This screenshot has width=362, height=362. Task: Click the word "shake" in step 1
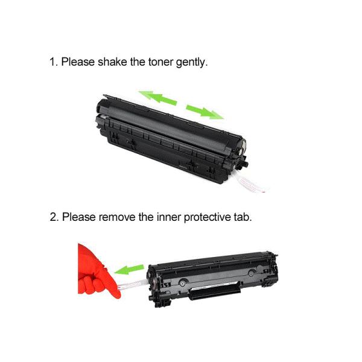tap(112, 62)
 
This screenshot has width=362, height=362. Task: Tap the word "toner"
tap(164, 62)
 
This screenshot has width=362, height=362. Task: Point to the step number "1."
tap(53, 62)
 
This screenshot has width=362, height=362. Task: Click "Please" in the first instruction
tap(78, 62)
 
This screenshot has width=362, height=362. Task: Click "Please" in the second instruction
tap(78, 217)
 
